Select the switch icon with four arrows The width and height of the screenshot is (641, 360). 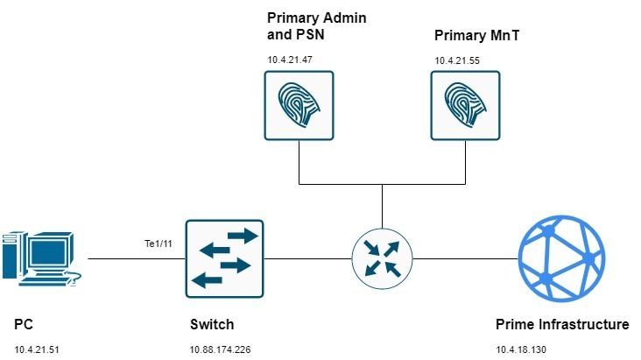224,258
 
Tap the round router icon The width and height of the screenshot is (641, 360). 382,258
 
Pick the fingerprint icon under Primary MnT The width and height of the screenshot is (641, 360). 465,103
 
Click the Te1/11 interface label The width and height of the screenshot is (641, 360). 158,243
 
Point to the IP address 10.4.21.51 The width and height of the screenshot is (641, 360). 36,350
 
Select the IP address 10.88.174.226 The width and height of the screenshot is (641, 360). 220,350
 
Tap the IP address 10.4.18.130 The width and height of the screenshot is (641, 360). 523,350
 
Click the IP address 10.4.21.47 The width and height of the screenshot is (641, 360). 290,60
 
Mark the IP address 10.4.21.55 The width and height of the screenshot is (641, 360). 456,60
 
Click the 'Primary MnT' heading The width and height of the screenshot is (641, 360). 472,37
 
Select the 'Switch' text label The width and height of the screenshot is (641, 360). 212,325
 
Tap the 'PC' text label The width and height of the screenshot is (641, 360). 24,325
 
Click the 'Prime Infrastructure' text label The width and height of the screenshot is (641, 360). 561,325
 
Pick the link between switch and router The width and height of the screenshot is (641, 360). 306,259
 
